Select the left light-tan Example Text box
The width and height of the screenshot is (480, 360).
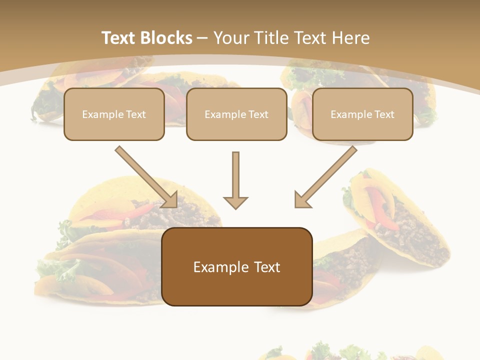[x=114, y=114]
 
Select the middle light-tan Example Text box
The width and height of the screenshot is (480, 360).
[x=236, y=114]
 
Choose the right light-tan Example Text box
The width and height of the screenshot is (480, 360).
[x=362, y=114]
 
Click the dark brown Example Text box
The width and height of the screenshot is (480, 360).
[x=236, y=267]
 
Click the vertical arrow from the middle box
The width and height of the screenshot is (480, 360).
[x=235, y=177]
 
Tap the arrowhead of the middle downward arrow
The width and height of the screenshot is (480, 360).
[x=235, y=202]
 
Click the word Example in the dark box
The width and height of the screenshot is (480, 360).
[x=215, y=267]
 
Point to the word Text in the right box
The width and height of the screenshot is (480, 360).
[x=384, y=114]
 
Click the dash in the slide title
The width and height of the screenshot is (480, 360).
[x=202, y=38]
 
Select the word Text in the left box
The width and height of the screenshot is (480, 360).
[x=136, y=114]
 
